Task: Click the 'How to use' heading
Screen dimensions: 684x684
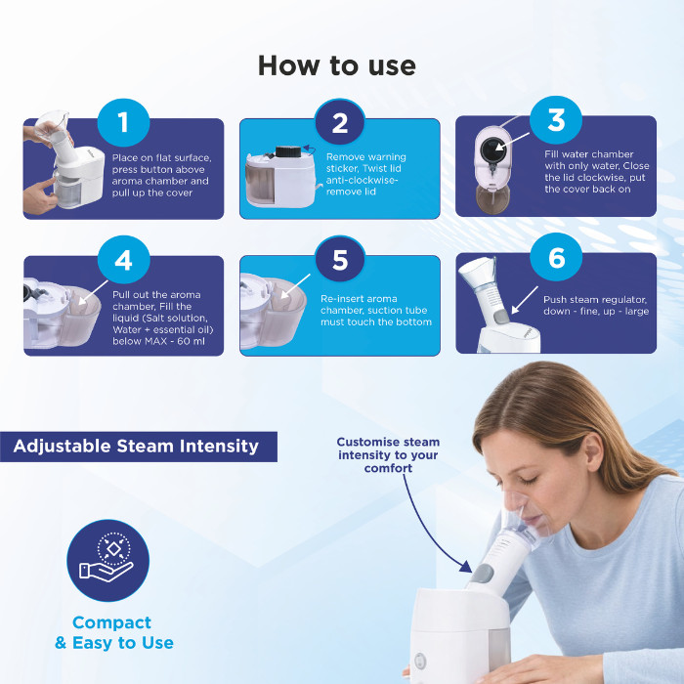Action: click(337, 65)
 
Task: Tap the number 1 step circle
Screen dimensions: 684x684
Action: click(123, 122)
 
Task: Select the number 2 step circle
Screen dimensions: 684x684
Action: click(340, 123)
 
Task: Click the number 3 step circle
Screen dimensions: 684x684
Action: click(556, 120)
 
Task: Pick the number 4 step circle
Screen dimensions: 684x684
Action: click(123, 260)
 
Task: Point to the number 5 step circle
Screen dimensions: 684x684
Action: click(340, 260)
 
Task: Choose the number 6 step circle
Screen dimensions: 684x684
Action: click(556, 258)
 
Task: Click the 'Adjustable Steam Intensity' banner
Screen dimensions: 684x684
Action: click(137, 447)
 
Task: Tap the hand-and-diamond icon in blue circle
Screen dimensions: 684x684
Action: click(107, 560)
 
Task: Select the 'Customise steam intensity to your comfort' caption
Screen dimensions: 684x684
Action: click(389, 455)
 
